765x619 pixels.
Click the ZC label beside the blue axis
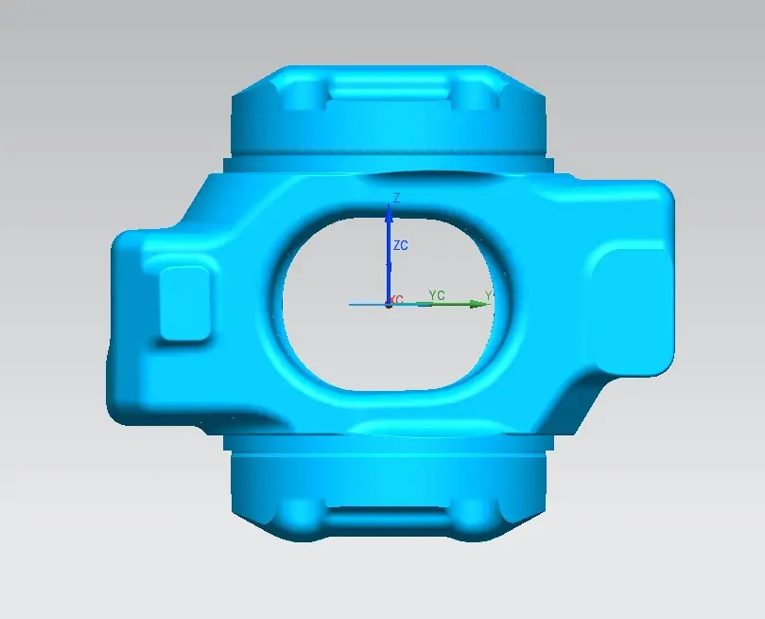pos(401,245)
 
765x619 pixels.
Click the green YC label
pos(437,295)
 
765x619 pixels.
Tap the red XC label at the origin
pos(396,299)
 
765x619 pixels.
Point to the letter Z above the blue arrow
pos(396,198)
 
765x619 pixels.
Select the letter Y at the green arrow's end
pos(488,295)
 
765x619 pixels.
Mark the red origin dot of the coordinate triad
pos(389,305)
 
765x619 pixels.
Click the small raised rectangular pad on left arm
pos(185,303)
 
